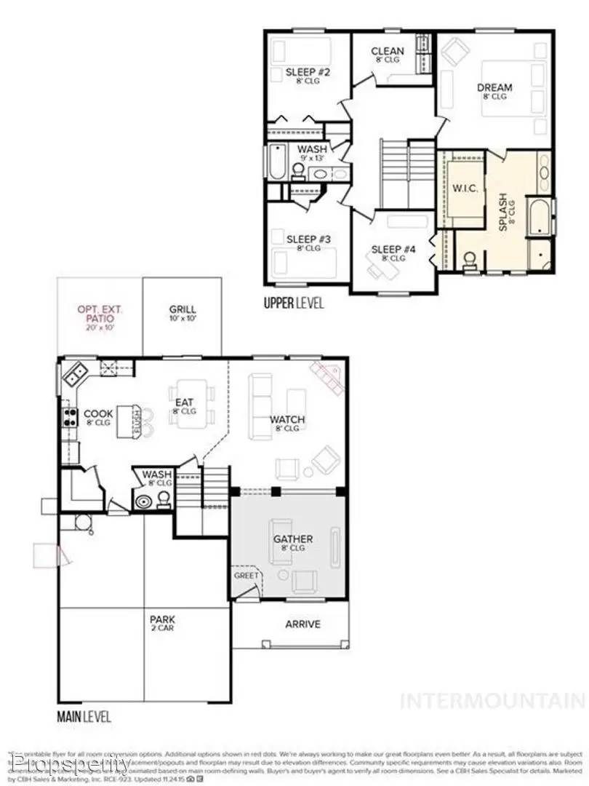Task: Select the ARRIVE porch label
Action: point(302,624)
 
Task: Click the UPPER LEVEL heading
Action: point(294,303)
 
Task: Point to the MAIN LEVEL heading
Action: point(84,717)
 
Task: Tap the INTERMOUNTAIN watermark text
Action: point(492,701)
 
